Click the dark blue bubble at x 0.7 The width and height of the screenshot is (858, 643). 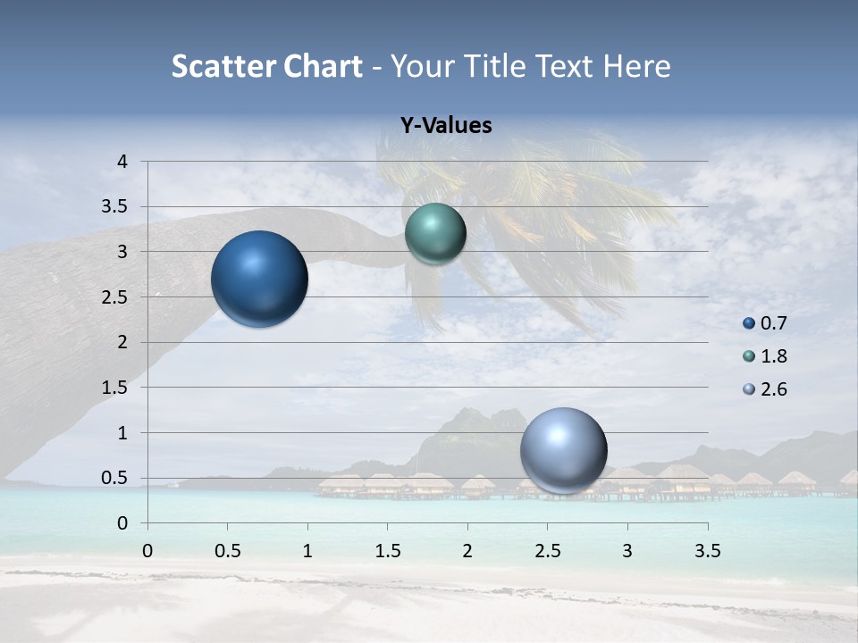[x=259, y=279]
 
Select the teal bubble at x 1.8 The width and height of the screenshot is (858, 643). [x=435, y=233]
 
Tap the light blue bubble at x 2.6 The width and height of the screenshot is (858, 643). [x=563, y=450]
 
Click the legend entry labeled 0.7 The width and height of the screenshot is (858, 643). [x=766, y=323]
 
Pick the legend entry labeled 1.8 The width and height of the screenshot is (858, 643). [x=766, y=356]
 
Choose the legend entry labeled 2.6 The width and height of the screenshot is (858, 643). [x=766, y=389]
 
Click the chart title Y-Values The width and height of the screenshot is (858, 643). [x=446, y=126]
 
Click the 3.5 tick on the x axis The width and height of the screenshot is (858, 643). [x=707, y=551]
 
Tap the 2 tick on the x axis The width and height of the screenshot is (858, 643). [x=467, y=551]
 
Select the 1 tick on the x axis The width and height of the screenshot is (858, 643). [x=307, y=551]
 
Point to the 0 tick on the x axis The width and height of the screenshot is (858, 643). [x=147, y=551]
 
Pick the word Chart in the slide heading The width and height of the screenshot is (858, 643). [x=318, y=66]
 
